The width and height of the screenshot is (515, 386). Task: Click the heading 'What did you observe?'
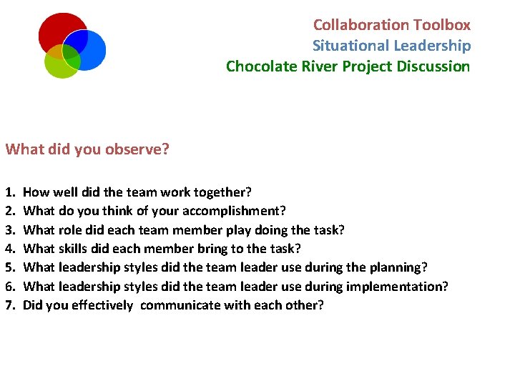pos(87,149)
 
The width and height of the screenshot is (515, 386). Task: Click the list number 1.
pos(9,193)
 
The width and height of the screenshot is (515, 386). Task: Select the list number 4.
pos(9,249)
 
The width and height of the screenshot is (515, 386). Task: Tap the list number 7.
pos(9,305)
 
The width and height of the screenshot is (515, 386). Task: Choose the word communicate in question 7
pos(181,305)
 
